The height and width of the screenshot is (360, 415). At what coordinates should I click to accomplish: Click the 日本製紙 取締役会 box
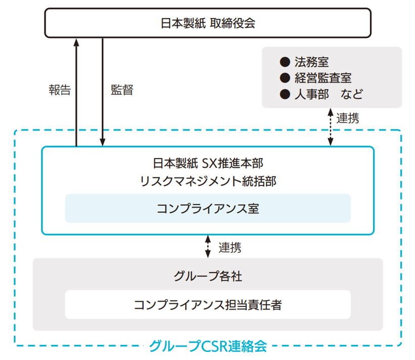[x=207, y=23]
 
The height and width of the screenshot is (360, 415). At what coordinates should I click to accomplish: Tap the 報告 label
[x=60, y=90]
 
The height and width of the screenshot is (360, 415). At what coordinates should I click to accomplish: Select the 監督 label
[x=121, y=90]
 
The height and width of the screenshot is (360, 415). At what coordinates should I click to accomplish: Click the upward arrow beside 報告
[x=76, y=91]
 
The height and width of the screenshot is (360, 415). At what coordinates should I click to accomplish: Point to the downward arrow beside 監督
[x=103, y=91]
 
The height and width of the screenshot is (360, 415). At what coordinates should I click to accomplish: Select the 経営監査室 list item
[x=323, y=78]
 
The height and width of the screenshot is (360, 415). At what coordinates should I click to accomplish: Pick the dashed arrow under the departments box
[x=330, y=127]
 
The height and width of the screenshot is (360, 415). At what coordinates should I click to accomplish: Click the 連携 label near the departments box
[x=348, y=119]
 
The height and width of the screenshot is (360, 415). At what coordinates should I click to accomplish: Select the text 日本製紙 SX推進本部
[x=207, y=163]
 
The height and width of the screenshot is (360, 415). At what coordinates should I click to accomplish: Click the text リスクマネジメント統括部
[x=207, y=181]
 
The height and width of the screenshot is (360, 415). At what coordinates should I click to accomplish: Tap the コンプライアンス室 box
[x=207, y=208]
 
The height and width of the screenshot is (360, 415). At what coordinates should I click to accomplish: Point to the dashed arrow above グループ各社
[x=207, y=247]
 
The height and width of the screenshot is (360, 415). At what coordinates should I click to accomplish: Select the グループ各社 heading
[x=207, y=277]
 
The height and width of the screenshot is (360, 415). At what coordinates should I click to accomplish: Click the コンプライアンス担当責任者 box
[x=207, y=304]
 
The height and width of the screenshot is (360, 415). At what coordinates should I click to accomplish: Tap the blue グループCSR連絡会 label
[x=207, y=346]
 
